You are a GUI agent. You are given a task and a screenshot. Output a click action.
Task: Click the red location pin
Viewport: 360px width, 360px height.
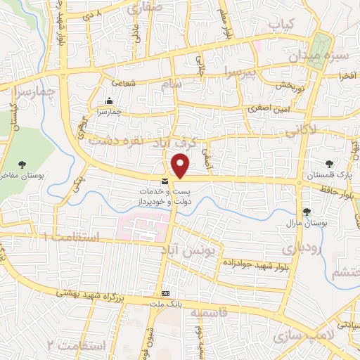click(181, 166)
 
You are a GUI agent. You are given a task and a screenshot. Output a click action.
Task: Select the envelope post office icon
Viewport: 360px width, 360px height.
click(165, 182)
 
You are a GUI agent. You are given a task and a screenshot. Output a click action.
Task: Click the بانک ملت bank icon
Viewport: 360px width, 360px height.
click(166, 293)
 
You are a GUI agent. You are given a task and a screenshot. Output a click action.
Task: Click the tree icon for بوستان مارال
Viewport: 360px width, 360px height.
click(306, 211)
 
